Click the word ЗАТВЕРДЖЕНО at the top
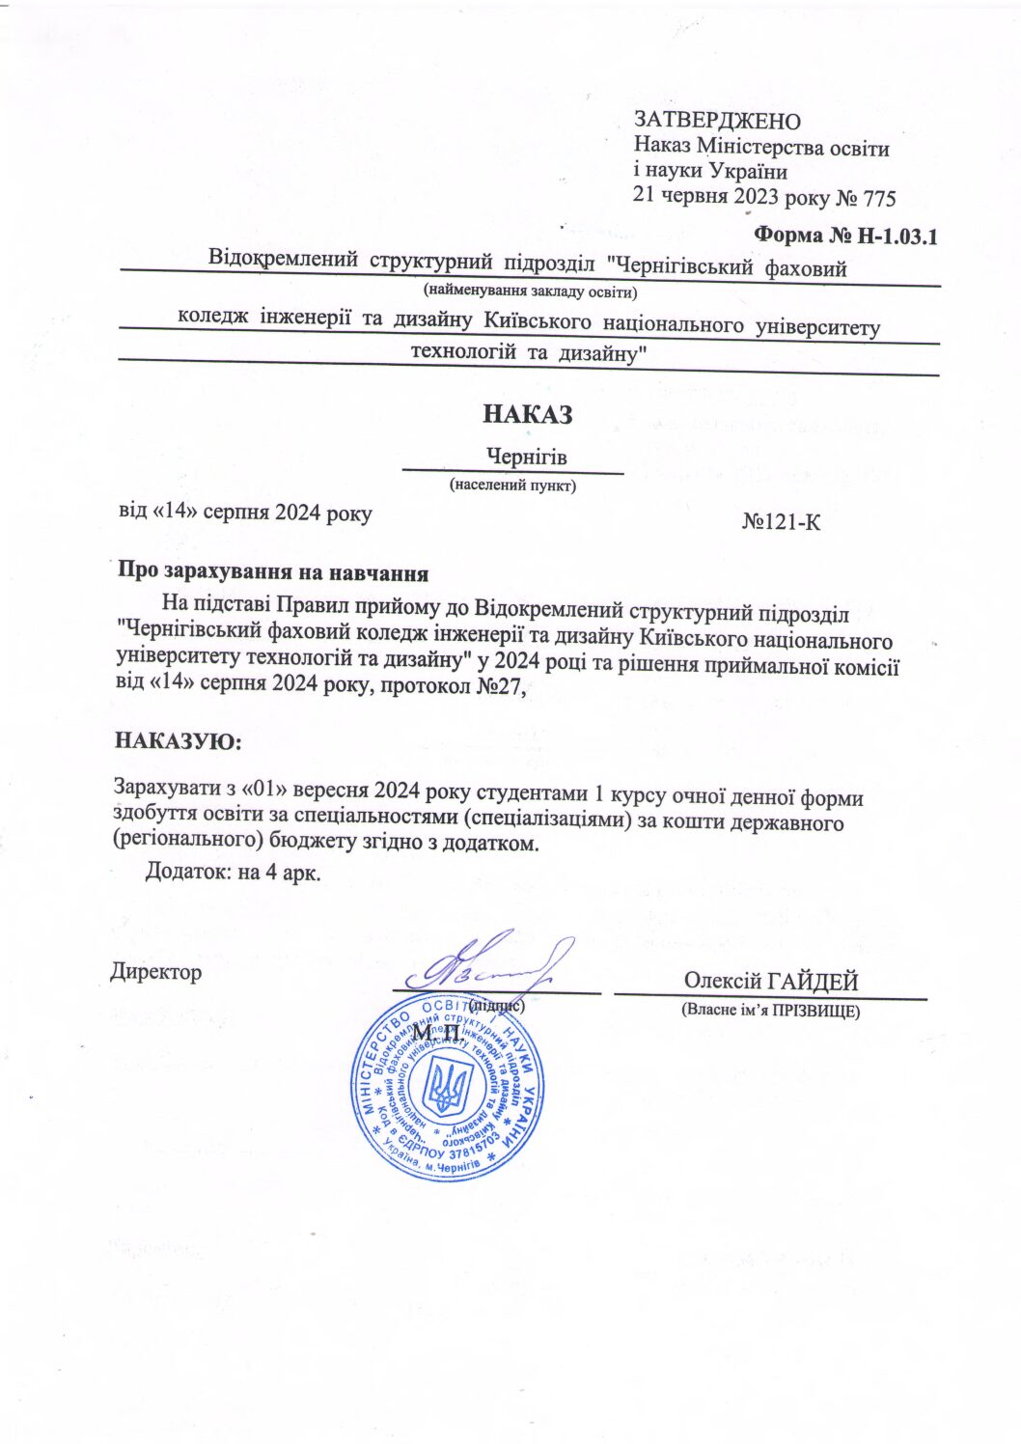click(x=717, y=121)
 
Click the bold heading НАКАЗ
click(x=527, y=415)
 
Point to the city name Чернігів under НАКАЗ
click(x=526, y=457)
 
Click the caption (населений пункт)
click(x=512, y=486)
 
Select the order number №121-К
click(x=782, y=523)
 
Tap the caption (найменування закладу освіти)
click(x=529, y=290)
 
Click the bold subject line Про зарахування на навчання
click(x=273, y=571)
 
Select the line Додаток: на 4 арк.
click(x=232, y=872)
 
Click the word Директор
click(x=157, y=971)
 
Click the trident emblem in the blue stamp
click(x=446, y=1087)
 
